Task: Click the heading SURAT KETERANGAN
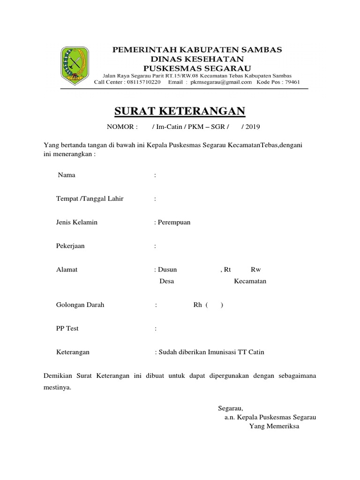coord(180,111)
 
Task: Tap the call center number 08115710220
coord(142,82)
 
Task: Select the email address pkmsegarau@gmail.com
coord(220,82)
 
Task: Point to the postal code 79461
coord(291,82)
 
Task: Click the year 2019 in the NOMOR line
coord(252,127)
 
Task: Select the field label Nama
coord(67,175)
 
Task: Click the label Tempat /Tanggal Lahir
coord(90,199)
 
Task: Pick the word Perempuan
coord(173,222)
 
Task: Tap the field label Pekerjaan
coord(70,246)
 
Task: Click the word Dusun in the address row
coord(167,270)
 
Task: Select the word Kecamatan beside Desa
coord(250,281)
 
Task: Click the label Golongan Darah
coord(80,305)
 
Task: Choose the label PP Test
coord(67,328)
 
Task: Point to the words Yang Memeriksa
coord(274,427)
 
